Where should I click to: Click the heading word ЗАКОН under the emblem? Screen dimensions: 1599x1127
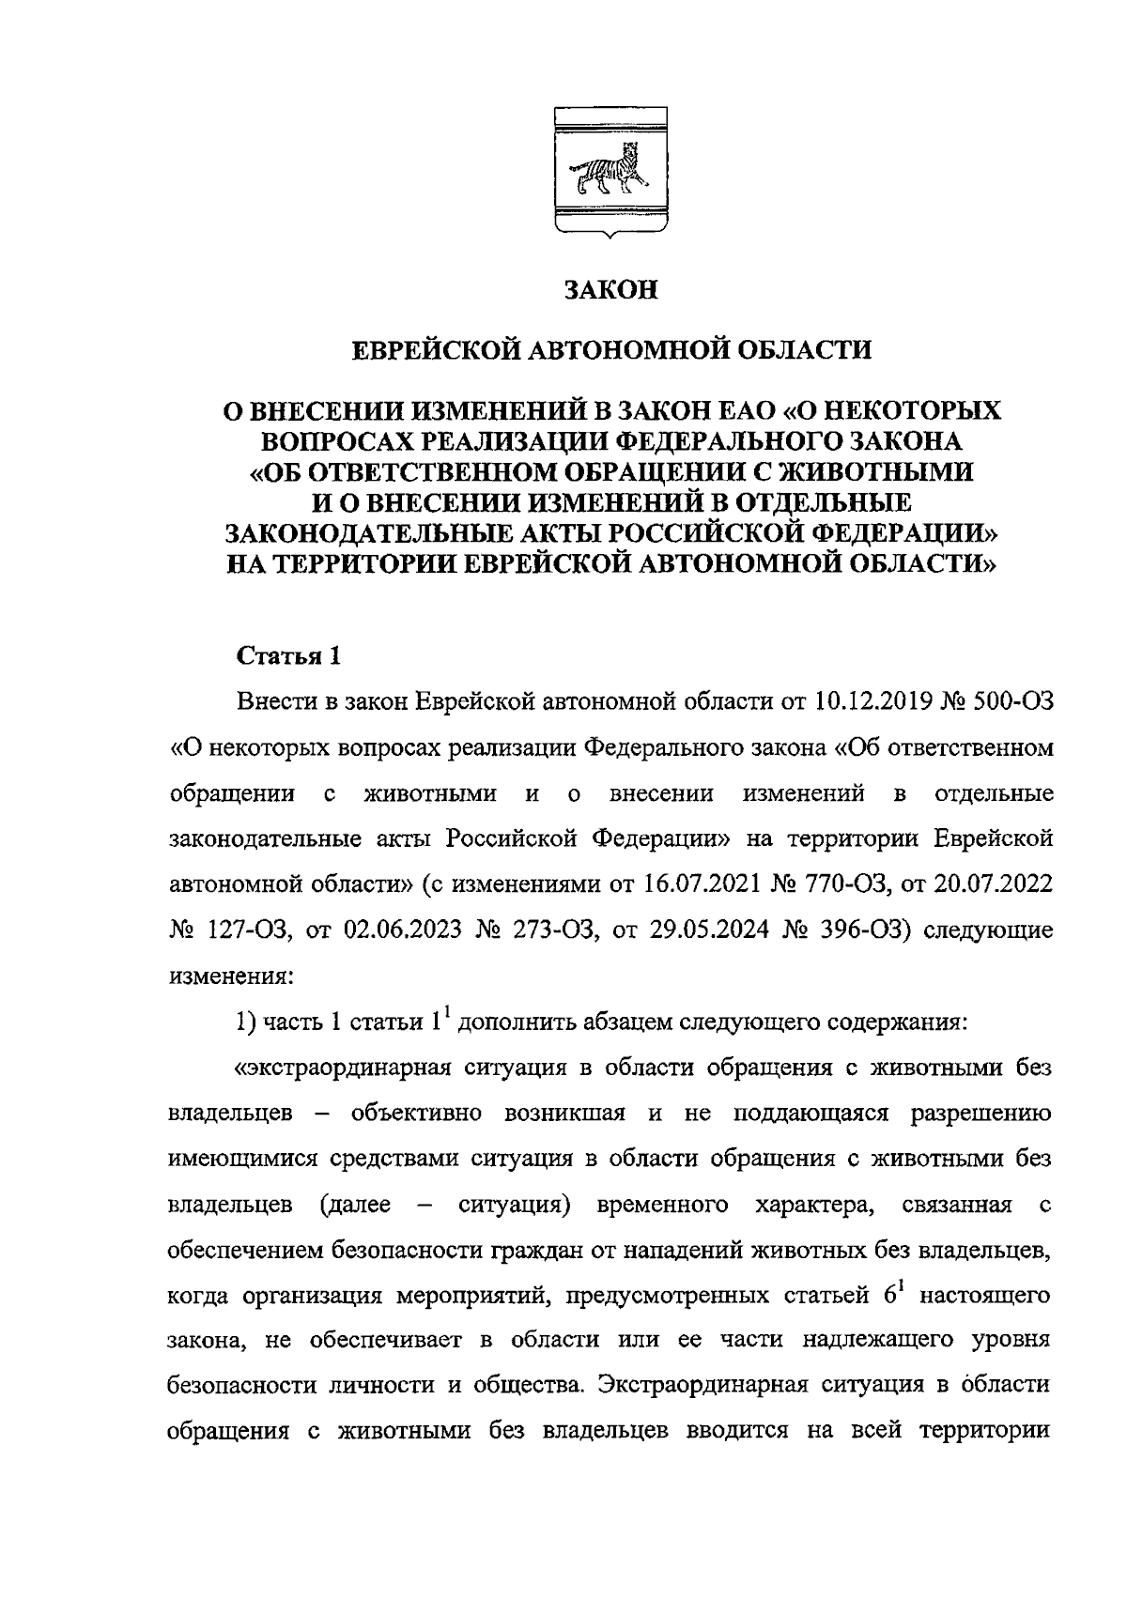(x=610, y=290)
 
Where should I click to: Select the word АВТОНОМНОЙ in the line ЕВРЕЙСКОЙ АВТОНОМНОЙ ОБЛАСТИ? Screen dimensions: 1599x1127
(x=610, y=351)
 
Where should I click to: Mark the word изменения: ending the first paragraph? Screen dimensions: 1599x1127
(x=231, y=975)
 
